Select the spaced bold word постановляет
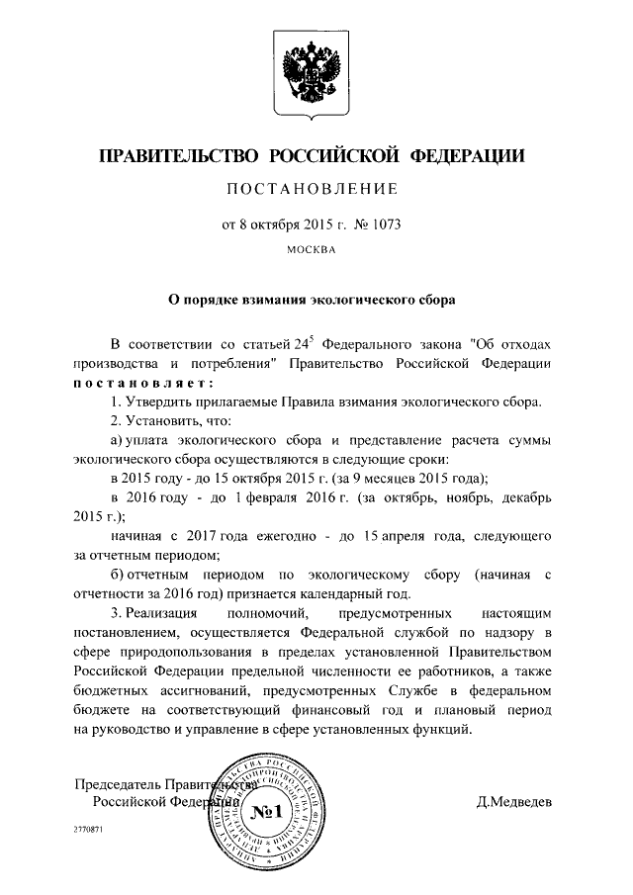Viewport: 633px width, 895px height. [x=142, y=384]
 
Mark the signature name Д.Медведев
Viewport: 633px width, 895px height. [x=514, y=802]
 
